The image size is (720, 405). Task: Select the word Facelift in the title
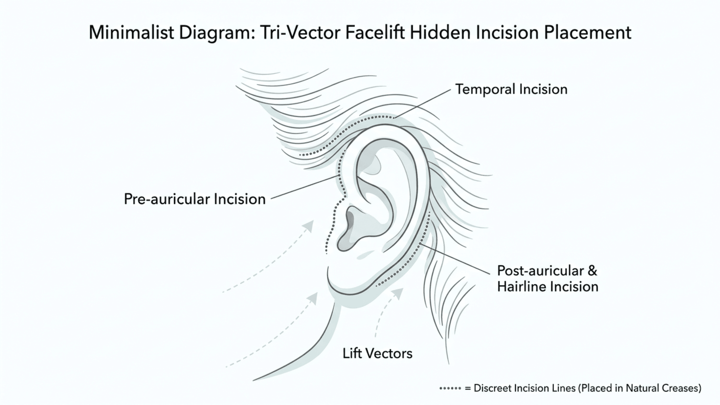(x=376, y=32)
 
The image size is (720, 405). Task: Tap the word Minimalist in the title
(x=131, y=33)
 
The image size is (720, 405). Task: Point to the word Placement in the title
(x=588, y=33)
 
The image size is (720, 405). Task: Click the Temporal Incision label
(x=511, y=89)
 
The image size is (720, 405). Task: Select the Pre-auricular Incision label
(x=195, y=199)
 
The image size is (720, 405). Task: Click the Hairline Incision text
(x=548, y=287)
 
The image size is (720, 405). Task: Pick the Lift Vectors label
(x=377, y=353)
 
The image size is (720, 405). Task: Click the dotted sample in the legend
(x=450, y=388)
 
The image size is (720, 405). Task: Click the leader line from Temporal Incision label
(x=422, y=104)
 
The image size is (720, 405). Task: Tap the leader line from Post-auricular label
(x=455, y=259)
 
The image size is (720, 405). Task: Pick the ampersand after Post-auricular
(x=592, y=271)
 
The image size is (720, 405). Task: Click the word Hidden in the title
(x=440, y=32)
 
